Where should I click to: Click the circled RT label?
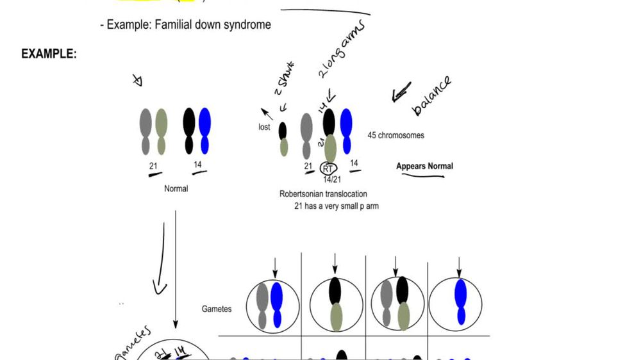click(329, 168)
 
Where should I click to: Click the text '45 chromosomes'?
click(395, 135)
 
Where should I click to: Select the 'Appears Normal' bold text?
click(424, 166)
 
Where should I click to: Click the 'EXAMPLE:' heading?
click(49, 54)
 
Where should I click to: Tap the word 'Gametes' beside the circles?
click(217, 309)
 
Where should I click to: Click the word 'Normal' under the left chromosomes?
click(176, 188)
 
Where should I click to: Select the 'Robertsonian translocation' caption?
click(324, 193)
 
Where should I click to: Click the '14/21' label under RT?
click(332, 179)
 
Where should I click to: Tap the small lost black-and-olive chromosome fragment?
click(283, 139)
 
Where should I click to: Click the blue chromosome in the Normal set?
click(205, 131)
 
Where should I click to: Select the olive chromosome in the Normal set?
click(162, 131)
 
